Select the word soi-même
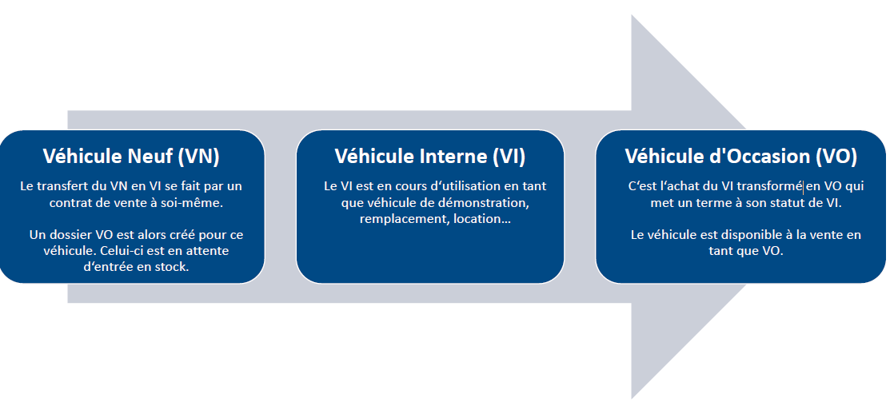pyautogui.click(x=196, y=203)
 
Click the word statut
pyautogui.click(x=787, y=203)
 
